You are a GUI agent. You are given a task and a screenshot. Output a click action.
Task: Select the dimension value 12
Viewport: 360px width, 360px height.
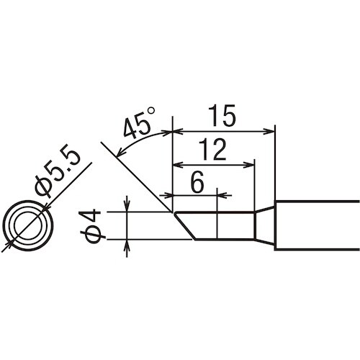213,149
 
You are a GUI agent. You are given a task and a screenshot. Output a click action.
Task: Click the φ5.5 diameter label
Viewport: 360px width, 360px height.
60,174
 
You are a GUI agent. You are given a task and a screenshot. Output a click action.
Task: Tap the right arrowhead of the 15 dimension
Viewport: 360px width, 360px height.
271,132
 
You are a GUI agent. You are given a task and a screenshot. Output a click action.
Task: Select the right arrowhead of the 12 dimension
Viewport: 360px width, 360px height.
251,165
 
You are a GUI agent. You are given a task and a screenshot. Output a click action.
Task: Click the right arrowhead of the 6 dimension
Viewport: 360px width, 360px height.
222,194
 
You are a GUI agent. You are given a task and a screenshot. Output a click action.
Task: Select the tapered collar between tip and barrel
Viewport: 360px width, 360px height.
264,226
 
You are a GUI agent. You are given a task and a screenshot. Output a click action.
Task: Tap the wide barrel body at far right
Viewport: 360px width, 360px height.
317,226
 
